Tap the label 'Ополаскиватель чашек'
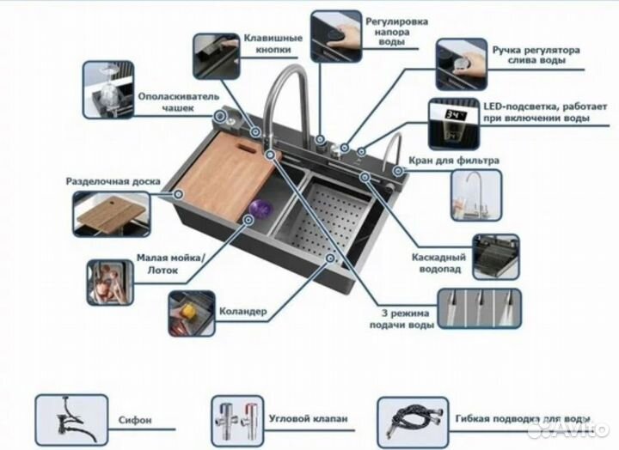click(x=177, y=103)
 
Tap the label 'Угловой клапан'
click(x=308, y=419)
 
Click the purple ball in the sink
click(x=260, y=209)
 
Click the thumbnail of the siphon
click(x=71, y=418)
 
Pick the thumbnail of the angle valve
click(x=236, y=418)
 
